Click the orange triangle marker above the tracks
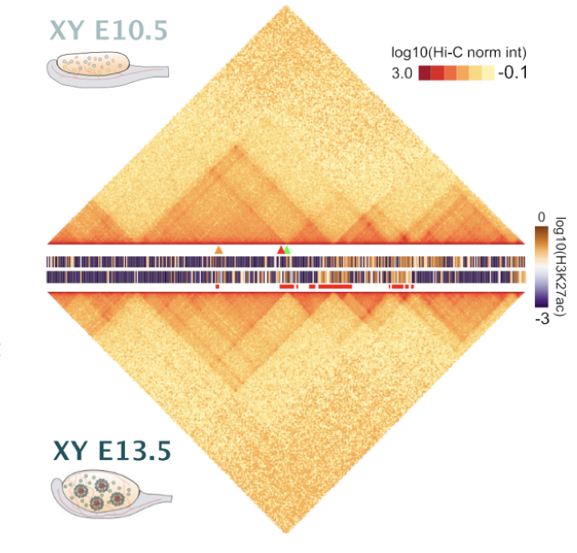(218, 249)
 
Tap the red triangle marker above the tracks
(281, 249)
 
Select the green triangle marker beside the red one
(288, 249)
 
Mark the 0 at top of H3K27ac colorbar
(540, 216)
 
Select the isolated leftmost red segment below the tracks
(217, 287)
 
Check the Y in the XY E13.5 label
(80, 452)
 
